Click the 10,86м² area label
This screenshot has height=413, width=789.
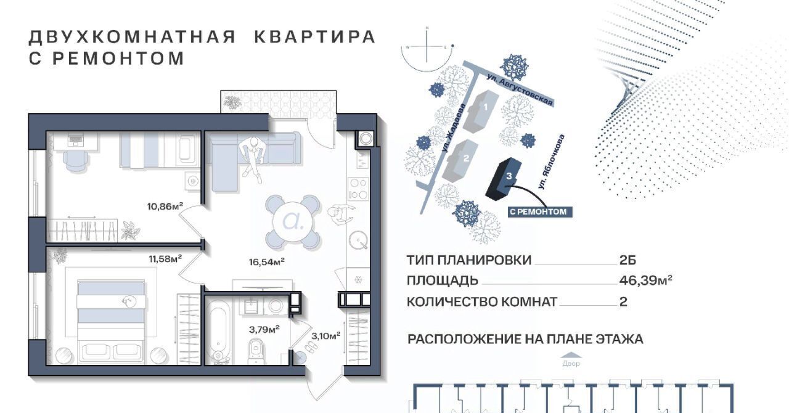pyautogui.click(x=165, y=206)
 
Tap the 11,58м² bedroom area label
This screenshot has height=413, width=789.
pyautogui.click(x=165, y=259)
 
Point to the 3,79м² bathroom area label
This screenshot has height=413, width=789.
pyautogui.click(x=264, y=330)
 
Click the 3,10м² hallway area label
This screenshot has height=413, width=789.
pyautogui.click(x=326, y=336)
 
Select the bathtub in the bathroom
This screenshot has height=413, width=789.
pyautogui.click(x=218, y=332)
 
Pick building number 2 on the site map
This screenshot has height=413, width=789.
pyautogui.click(x=462, y=160)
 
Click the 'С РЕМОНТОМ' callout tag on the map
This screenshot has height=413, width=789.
pyautogui.click(x=538, y=212)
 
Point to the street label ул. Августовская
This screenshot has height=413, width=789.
pyautogui.click(x=520, y=90)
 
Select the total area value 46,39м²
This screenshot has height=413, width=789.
pyautogui.click(x=645, y=280)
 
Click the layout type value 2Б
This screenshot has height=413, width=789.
pyautogui.click(x=628, y=260)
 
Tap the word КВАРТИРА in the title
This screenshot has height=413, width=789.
pyautogui.click(x=315, y=36)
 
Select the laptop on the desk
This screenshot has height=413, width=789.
pyautogui.click(x=75, y=140)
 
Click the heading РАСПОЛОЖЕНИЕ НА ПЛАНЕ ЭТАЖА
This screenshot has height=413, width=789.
pyautogui.click(x=526, y=340)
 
